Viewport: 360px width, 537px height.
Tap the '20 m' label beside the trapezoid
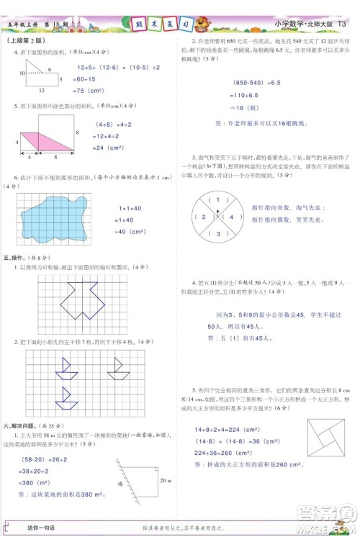pos(164,480)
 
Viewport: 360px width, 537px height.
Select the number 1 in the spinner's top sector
pos(213,199)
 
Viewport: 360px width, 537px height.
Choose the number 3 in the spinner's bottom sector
pos(213,233)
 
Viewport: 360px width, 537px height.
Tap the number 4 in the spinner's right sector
pos(230,217)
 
